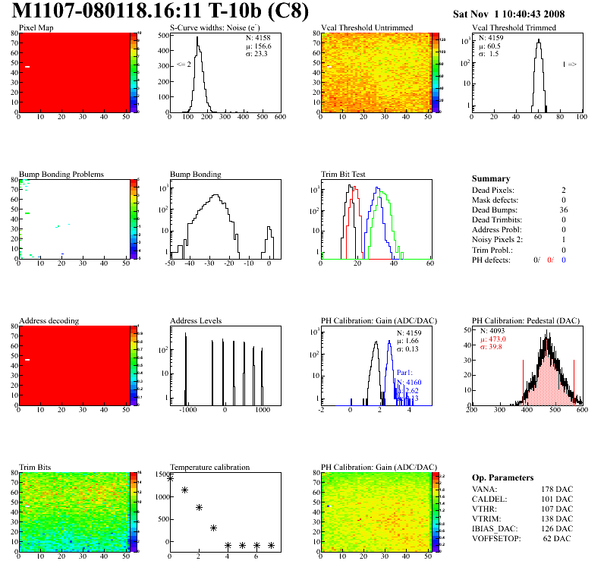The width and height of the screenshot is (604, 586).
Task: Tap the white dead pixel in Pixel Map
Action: [x=27, y=67]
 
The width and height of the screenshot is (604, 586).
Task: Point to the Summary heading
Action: [x=491, y=178]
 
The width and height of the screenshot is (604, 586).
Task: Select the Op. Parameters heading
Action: [x=502, y=477]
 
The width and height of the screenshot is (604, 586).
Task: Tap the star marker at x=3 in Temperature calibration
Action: [x=213, y=528]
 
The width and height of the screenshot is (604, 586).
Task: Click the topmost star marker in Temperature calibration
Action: [x=170, y=478]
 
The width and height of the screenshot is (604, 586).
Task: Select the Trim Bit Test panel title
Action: [x=343, y=174]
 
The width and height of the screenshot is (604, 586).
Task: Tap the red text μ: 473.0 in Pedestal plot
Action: [x=493, y=339]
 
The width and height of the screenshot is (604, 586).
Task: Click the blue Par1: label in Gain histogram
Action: [x=404, y=373]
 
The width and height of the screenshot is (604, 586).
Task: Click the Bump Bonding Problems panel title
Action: [x=61, y=174]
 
